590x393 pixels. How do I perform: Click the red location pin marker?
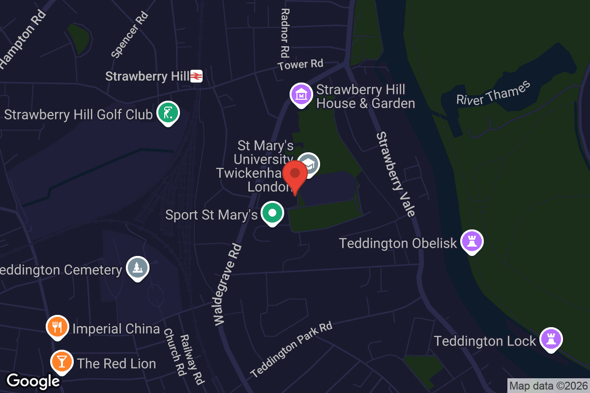point(295,176)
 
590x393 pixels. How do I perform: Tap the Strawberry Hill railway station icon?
point(196,76)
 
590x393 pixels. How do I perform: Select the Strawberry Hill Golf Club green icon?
point(168,113)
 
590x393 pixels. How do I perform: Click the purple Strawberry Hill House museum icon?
point(301,95)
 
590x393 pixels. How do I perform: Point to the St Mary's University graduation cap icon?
point(309,163)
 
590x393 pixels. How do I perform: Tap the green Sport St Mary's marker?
point(272,213)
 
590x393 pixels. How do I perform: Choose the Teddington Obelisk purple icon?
point(472,241)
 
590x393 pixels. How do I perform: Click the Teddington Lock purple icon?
point(551,338)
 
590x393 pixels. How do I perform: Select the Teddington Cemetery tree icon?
point(138,268)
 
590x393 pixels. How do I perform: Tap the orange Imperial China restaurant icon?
point(58,327)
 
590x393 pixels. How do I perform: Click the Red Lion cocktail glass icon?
point(62,362)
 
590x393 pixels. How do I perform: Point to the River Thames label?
point(493,92)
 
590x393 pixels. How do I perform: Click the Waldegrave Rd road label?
point(228,284)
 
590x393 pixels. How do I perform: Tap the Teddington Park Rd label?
point(291,349)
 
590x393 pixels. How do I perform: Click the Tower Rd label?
point(300,64)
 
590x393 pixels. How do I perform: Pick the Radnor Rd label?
point(285,32)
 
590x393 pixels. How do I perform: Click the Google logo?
point(33,381)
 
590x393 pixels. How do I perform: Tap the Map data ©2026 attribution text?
point(548,386)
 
